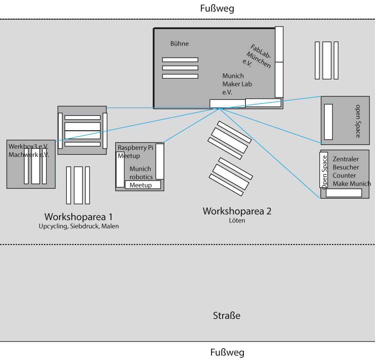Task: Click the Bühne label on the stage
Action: click(x=180, y=44)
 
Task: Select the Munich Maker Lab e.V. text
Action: click(x=237, y=84)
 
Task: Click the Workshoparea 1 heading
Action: click(x=78, y=217)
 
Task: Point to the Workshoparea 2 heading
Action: click(x=237, y=211)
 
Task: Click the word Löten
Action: click(x=237, y=221)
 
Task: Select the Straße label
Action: click(x=226, y=316)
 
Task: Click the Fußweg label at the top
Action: click(x=217, y=9)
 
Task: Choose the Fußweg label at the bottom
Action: click(x=227, y=353)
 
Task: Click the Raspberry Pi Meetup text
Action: click(x=135, y=152)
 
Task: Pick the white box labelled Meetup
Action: click(x=142, y=185)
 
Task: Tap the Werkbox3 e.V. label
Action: click(x=28, y=147)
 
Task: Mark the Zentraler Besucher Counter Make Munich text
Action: click(x=351, y=171)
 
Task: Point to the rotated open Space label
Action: click(x=357, y=121)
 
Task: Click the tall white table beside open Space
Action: click(x=328, y=122)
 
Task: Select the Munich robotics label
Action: click(x=141, y=173)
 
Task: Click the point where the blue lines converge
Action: click(x=220, y=108)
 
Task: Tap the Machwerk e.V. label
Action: click(x=28, y=155)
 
